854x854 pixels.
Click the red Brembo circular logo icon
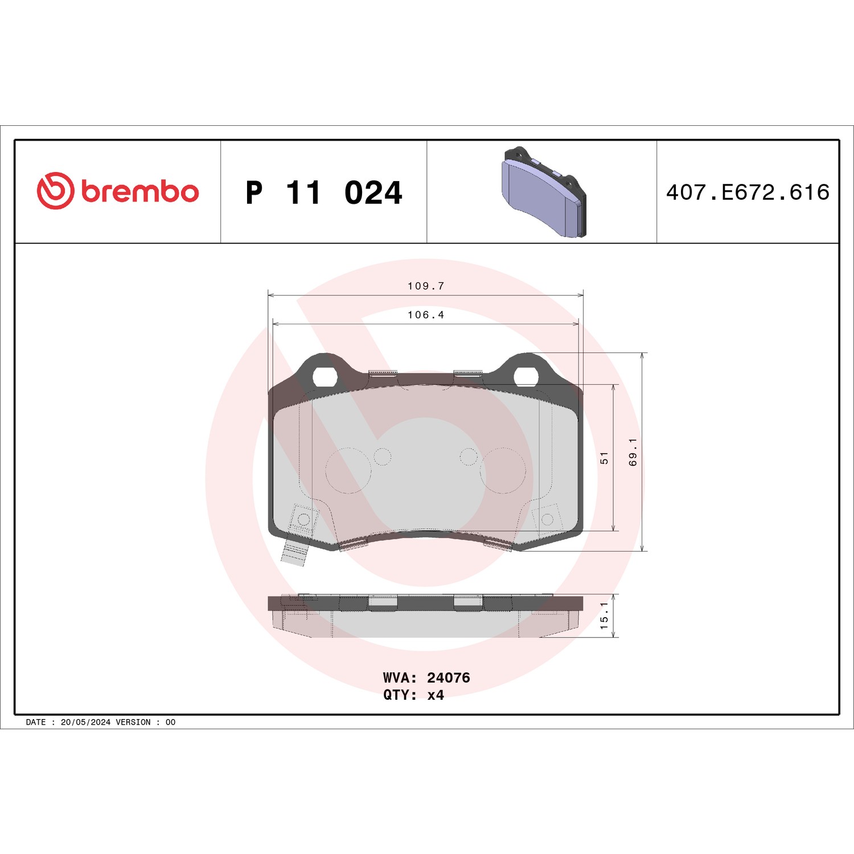[x=55, y=191]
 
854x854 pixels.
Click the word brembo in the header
[x=140, y=191]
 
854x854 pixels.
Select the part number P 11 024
[x=324, y=192]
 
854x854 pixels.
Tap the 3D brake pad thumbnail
[x=544, y=192]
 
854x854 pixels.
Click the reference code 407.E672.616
[x=748, y=192]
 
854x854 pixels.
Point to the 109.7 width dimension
[x=426, y=286]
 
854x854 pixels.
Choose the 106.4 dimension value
[x=426, y=315]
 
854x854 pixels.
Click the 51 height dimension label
[x=604, y=458]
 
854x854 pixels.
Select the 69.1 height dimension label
[x=633, y=452]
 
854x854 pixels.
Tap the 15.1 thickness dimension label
[x=604, y=615]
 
